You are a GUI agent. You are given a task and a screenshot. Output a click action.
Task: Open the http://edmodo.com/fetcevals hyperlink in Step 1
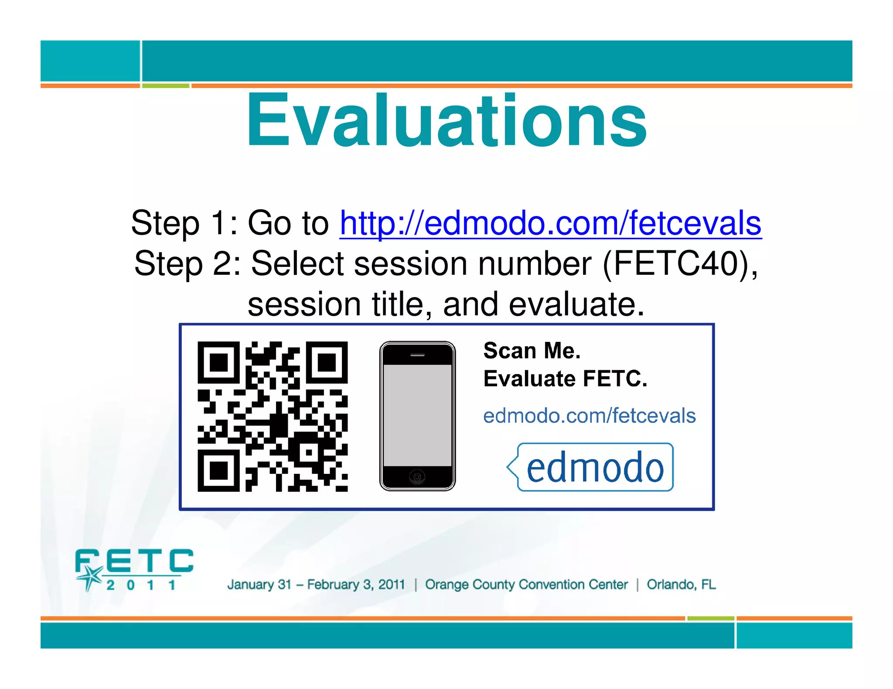click(550, 223)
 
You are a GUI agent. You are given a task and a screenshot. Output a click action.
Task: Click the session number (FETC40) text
click(678, 263)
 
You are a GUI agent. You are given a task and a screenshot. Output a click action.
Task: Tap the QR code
click(273, 416)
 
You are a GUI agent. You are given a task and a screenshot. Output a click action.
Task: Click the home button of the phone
click(417, 477)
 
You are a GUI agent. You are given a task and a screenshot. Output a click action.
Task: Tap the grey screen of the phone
click(417, 415)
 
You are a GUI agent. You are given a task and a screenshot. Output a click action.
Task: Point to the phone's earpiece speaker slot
click(417, 355)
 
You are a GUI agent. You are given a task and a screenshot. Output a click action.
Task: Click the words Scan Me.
click(532, 351)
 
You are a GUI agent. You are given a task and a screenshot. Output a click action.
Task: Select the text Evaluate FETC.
click(565, 379)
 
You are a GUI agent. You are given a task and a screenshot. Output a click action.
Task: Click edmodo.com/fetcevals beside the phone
click(589, 416)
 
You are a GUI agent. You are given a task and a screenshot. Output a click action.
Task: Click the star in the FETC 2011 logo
click(91, 577)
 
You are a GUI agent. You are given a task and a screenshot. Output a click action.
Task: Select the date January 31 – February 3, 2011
click(316, 584)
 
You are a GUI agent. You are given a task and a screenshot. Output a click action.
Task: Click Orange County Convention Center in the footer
click(526, 584)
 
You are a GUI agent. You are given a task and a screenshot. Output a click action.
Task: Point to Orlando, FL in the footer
click(681, 584)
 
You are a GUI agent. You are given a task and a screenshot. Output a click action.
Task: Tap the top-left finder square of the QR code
click(218, 362)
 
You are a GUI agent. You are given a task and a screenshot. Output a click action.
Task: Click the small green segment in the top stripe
click(166, 86)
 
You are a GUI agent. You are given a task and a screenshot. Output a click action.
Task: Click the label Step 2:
click(187, 263)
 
